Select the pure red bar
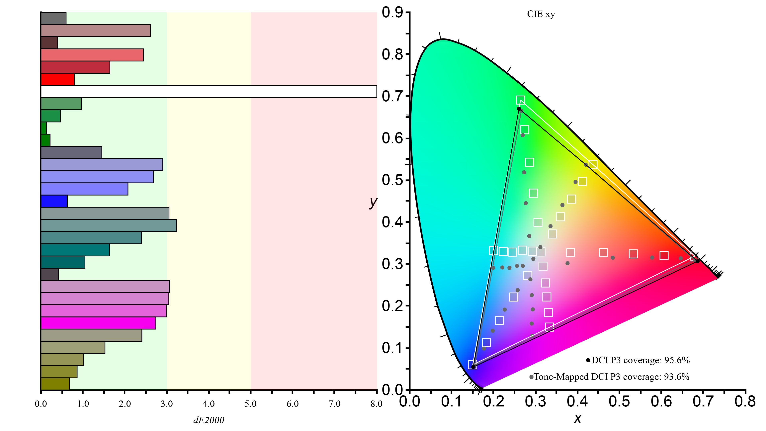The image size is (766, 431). click(58, 79)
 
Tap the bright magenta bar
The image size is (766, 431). click(98, 323)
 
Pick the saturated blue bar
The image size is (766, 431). click(54, 201)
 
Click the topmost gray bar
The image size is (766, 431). click(53, 18)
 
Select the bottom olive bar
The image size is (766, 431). click(55, 384)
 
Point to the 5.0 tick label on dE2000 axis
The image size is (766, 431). click(251, 404)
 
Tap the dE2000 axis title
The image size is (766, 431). click(209, 420)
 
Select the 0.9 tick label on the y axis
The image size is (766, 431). click(392, 13)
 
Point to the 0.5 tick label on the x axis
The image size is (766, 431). click(619, 401)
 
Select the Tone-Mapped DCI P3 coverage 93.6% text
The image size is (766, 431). click(611, 377)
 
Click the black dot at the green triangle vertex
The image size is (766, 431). click(519, 109)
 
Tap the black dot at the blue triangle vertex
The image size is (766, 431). click(473, 367)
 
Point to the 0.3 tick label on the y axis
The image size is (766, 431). click(392, 264)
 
